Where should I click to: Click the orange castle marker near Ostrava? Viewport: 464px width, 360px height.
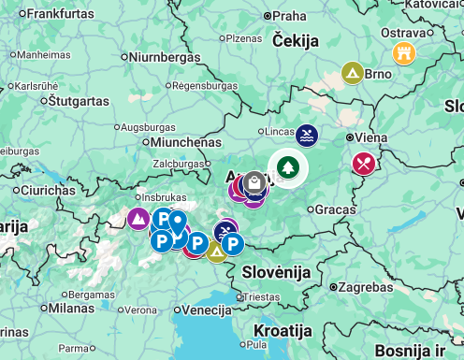404,51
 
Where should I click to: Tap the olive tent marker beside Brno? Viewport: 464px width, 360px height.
352,72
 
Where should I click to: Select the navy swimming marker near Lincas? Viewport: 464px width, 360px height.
307,136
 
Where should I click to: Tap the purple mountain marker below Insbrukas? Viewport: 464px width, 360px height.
138,219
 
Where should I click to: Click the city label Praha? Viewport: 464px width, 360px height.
289,16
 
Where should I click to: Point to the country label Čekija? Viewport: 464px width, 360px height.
296,40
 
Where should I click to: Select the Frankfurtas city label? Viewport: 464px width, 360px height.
62,14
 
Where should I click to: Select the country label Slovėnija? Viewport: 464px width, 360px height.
275,271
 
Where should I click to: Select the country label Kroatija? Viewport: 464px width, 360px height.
283,331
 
